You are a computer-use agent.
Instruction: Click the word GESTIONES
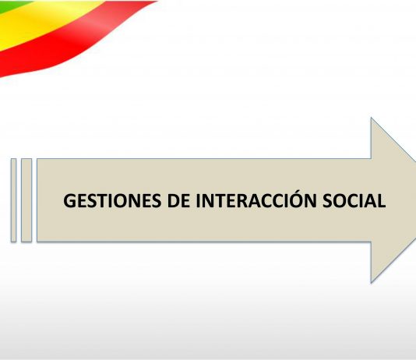click(x=112, y=200)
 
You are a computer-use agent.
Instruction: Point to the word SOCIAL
click(x=354, y=200)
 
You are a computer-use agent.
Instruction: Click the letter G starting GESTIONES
click(x=70, y=200)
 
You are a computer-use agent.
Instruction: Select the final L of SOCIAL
click(x=381, y=200)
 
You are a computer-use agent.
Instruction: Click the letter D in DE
click(x=174, y=200)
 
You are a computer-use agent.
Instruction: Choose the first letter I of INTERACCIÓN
click(x=198, y=200)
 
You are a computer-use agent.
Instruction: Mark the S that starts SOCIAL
click(x=328, y=200)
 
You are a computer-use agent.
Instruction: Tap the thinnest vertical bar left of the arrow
click(x=13, y=200)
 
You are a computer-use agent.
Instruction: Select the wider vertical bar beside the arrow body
click(x=26, y=200)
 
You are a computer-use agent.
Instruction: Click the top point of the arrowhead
click(x=371, y=118)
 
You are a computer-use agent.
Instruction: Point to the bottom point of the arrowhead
click(x=371, y=283)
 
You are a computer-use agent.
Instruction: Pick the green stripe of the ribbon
click(x=12, y=5)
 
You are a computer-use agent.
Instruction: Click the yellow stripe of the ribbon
click(x=40, y=20)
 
